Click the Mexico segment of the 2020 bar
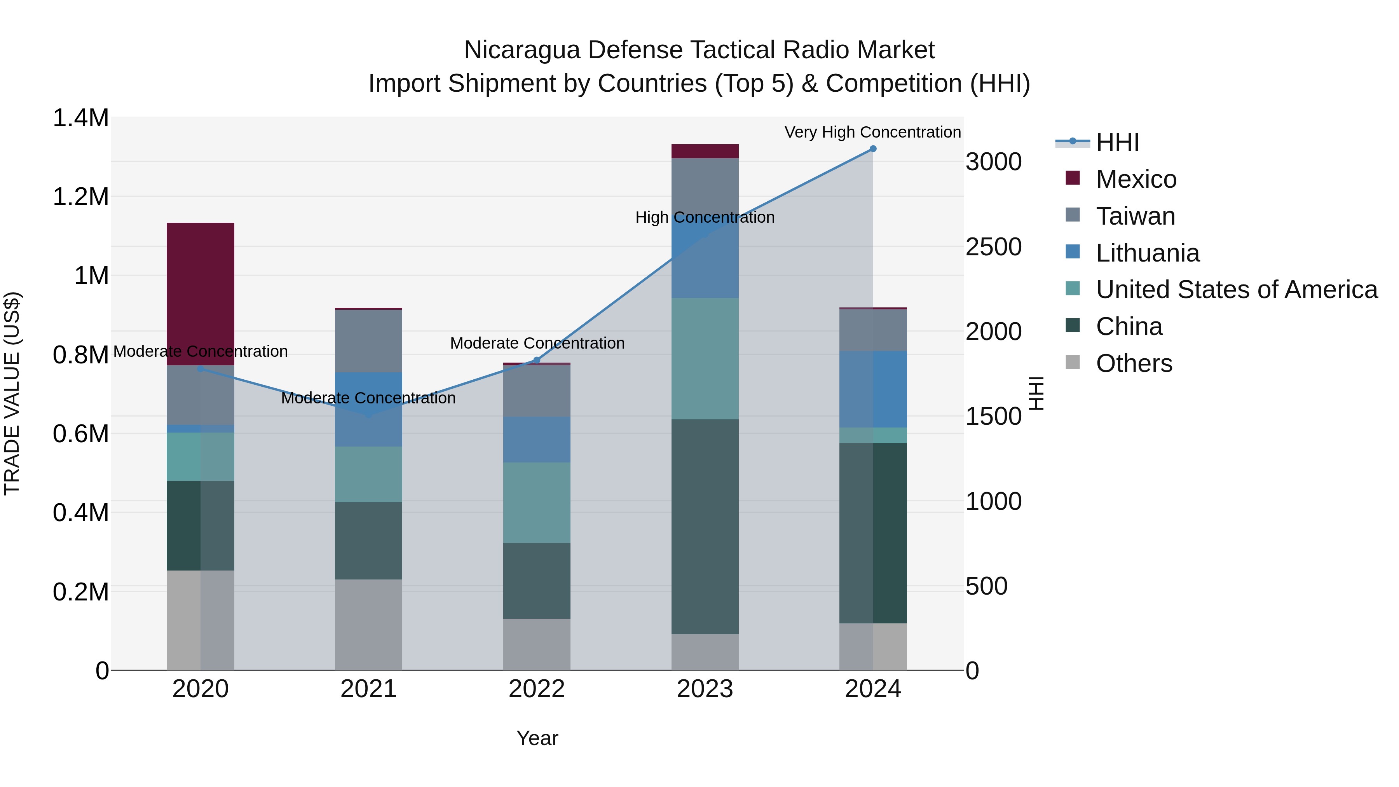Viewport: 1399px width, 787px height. coord(201,294)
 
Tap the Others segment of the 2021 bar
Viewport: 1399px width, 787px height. coord(368,625)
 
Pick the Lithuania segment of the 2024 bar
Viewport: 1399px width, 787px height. coord(873,389)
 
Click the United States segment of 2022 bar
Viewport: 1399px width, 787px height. coord(537,503)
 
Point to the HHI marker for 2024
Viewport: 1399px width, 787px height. coord(873,149)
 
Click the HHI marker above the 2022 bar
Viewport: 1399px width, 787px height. coord(537,360)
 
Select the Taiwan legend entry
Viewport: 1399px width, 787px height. coord(1135,216)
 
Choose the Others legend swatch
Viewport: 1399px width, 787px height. coord(1073,362)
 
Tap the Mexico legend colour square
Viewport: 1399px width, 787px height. coord(1073,178)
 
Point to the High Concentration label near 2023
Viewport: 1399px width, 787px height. coord(705,217)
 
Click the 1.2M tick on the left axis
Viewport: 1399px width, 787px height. coord(80,197)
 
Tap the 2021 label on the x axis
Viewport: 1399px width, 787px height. coord(368,689)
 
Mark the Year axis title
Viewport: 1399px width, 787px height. coord(537,738)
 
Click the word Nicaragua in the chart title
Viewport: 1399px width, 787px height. coord(522,50)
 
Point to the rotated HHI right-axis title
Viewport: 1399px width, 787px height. coord(1036,393)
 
